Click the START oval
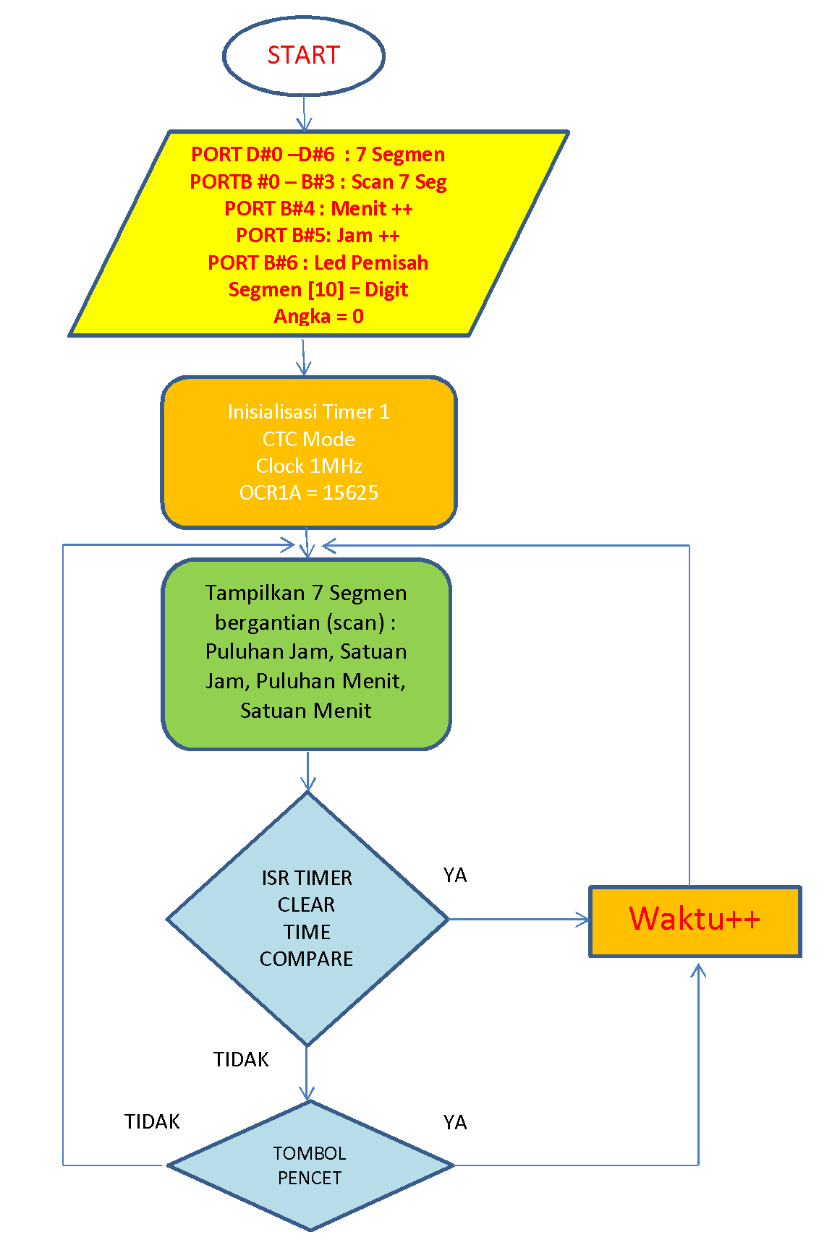coord(303,56)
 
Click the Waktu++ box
coord(695,920)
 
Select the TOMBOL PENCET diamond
coord(310,1165)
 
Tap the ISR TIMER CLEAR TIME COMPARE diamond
coord(307,918)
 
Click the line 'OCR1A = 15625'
coord(309,493)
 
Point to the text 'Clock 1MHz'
coord(309,466)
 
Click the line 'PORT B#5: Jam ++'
coord(318,236)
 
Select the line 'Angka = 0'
coord(318,317)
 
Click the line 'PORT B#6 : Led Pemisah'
coord(318,262)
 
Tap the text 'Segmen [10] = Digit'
coord(318,290)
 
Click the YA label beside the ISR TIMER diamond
coord(455,876)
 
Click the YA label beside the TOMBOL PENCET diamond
coord(455,1123)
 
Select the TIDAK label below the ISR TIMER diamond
coord(241,1060)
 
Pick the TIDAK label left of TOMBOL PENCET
coord(152,1122)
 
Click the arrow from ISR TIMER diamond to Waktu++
coord(518,919)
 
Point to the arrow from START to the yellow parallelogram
coord(304,114)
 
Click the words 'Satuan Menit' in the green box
coord(305,711)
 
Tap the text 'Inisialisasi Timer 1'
coord(309,412)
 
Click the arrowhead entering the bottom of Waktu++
coord(698,971)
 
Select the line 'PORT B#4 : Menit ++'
coord(318,209)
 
